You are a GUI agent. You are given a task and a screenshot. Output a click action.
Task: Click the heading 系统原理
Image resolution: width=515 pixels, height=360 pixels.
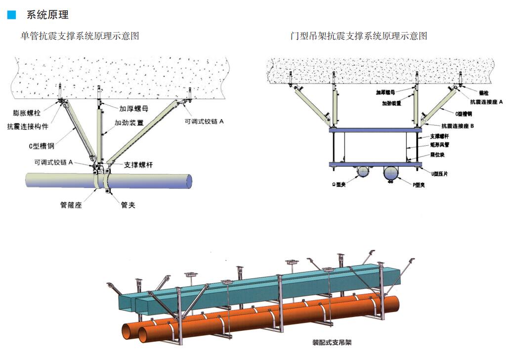pyautogui.click(x=47, y=15)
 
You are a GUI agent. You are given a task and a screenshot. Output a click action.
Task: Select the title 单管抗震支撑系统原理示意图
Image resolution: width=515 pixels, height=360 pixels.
pyautogui.click(x=80, y=36)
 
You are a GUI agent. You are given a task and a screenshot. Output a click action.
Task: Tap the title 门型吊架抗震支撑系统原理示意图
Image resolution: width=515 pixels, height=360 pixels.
pyautogui.click(x=359, y=36)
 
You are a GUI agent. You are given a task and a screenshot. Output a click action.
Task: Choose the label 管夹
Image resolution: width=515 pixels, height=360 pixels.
pyautogui.click(x=128, y=205)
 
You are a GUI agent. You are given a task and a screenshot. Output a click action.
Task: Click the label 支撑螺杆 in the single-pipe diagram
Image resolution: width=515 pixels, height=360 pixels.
pyautogui.click(x=138, y=165)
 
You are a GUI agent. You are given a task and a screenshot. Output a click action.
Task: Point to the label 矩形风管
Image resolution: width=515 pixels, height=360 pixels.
pyautogui.click(x=439, y=145)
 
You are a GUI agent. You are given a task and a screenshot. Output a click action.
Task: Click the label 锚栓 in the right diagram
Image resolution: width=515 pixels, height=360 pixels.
pyautogui.click(x=484, y=92)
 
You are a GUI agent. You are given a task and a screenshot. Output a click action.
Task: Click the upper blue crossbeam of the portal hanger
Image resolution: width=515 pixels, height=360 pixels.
pyautogui.click(x=376, y=130)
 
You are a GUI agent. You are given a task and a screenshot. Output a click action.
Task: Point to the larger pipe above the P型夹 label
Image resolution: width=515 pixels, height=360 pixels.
pyautogui.click(x=391, y=173)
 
